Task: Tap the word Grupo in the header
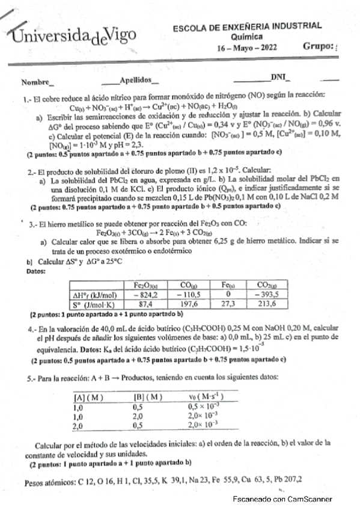pos(316,45)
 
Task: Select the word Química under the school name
pos(246,35)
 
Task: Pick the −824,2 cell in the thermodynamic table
pos(145,295)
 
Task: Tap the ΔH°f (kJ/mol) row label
pos(96,295)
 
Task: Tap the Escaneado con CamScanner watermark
pos(282,499)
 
